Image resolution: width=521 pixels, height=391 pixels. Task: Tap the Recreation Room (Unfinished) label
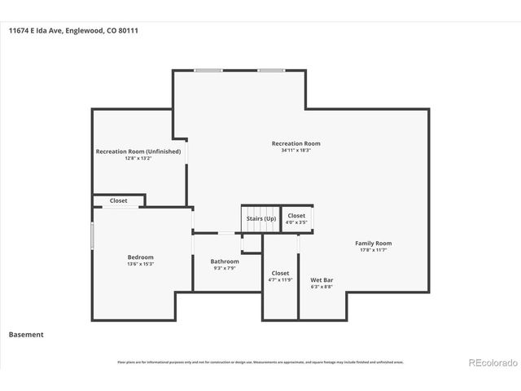tap(138, 152)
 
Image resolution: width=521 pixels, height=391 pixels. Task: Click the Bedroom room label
tap(140, 257)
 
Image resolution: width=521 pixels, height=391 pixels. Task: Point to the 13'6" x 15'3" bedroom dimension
tap(140, 265)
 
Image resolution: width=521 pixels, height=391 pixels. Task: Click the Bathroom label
tap(225, 261)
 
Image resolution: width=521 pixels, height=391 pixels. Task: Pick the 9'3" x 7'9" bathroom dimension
tap(225, 269)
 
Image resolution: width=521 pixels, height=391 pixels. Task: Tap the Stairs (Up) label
tap(260, 218)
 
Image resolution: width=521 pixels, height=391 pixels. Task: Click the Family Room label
tap(374, 244)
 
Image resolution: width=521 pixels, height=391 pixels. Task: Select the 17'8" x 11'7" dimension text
tap(374, 251)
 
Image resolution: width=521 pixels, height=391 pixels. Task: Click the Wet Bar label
tap(322, 279)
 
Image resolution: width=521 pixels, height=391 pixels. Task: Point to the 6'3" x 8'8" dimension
tap(322, 287)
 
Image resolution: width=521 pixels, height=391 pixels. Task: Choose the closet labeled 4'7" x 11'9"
tap(280, 277)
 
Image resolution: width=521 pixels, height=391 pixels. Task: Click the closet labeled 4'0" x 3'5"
tap(297, 218)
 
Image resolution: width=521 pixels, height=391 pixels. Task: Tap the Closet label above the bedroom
tap(119, 200)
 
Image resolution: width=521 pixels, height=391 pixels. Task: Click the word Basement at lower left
tap(26, 335)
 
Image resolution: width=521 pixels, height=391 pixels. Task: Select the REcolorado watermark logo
tap(491, 362)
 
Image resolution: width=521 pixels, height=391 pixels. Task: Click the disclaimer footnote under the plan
tap(260, 362)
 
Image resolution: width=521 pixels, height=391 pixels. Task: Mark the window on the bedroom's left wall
tap(92, 236)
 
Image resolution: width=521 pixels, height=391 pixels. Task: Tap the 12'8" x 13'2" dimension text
tap(138, 159)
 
